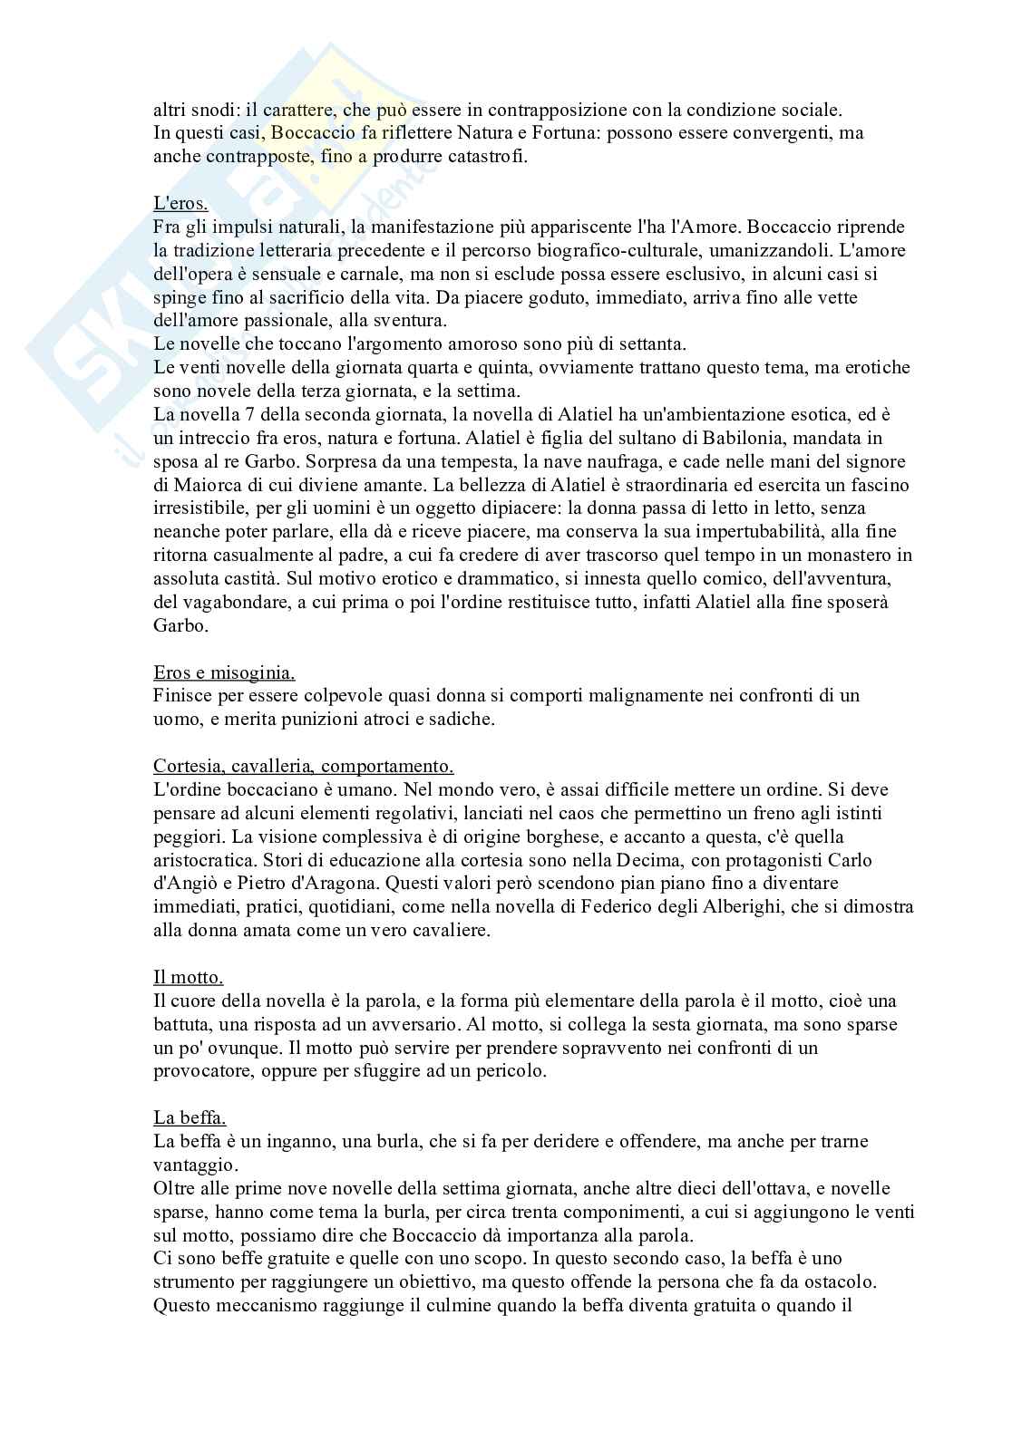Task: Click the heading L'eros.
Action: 180,203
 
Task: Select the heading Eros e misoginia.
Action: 224,672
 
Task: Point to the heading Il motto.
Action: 189,977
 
